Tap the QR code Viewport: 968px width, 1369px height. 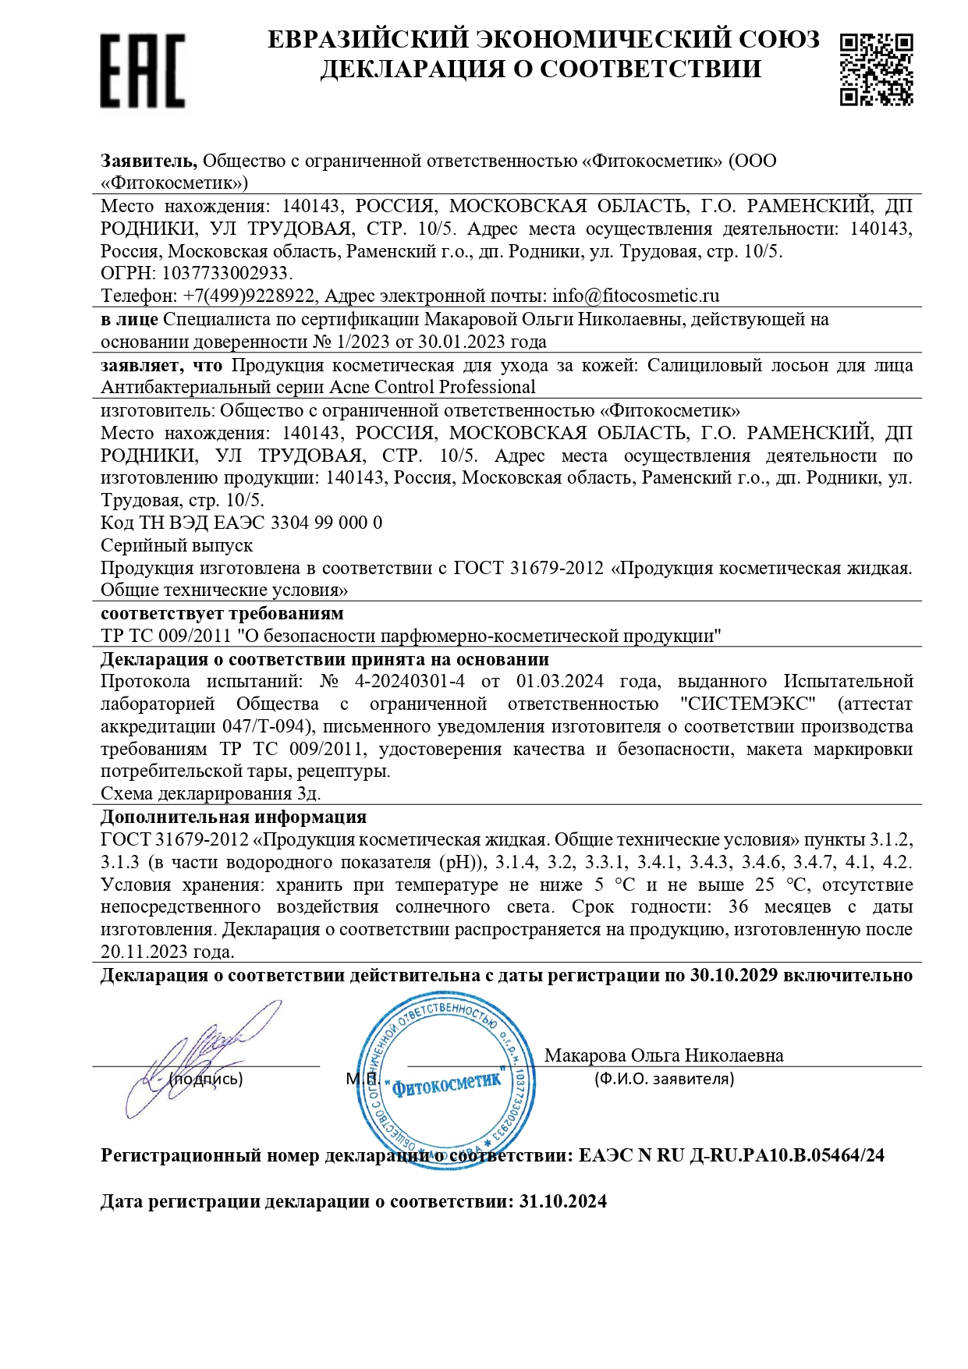(876, 69)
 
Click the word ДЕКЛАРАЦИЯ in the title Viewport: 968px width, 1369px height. (413, 69)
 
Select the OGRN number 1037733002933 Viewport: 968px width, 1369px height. (225, 274)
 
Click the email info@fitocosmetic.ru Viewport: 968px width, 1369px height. (636, 296)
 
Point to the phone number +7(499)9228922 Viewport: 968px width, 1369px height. (249, 296)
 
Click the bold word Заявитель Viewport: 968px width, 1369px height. (148, 161)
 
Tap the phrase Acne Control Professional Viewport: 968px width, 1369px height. (433, 387)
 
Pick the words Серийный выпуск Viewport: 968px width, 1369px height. (177, 545)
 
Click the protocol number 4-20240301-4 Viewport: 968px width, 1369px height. (410, 681)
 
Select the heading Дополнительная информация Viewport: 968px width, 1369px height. (233, 817)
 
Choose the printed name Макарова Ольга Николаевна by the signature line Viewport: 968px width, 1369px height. (664, 1055)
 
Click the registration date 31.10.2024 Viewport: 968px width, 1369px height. (562, 1201)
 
